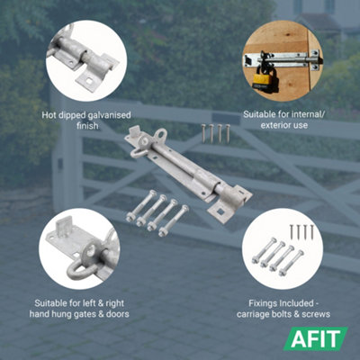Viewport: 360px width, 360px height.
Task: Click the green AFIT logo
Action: click(319, 340)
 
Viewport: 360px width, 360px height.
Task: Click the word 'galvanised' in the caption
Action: click(108, 115)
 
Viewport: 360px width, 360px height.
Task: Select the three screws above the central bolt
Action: click(215, 132)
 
